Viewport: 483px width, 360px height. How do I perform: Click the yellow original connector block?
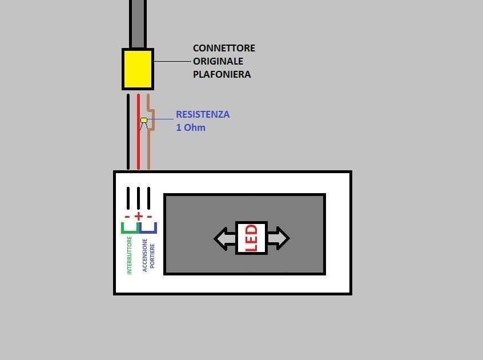(138, 69)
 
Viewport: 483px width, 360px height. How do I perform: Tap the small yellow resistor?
(144, 120)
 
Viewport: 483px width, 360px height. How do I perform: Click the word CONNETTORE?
(224, 48)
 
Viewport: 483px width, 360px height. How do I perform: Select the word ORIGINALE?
(218, 61)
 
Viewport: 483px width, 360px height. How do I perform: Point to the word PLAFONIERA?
(222, 74)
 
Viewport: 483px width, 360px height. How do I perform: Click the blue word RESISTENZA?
(203, 114)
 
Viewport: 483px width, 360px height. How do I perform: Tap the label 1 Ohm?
(191, 127)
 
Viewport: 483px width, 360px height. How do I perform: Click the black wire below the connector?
(128, 131)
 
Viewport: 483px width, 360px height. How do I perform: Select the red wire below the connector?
(138, 143)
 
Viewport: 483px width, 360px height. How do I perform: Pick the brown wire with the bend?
(149, 149)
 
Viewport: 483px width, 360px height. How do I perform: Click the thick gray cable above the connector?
(138, 23)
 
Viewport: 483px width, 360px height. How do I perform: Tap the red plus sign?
(138, 217)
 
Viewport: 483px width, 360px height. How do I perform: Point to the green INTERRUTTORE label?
(130, 255)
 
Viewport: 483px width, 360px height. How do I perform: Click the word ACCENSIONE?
(145, 255)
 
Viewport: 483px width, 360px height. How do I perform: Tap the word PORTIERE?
(152, 255)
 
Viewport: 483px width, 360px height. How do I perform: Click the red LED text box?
(251, 238)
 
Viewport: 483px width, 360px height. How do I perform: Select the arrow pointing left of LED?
(224, 238)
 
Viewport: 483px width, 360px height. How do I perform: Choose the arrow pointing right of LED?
(278, 238)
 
